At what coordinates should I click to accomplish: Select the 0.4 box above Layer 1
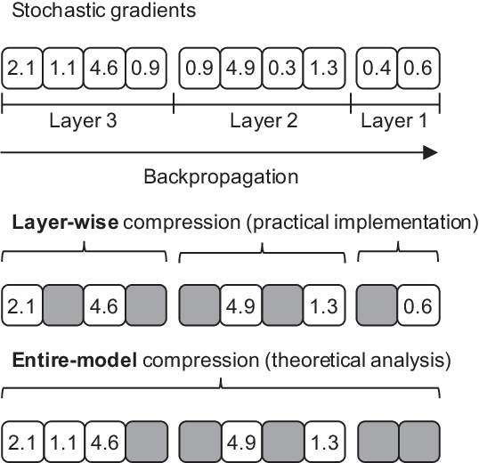tap(377, 67)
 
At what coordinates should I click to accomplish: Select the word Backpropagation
tap(221, 176)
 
